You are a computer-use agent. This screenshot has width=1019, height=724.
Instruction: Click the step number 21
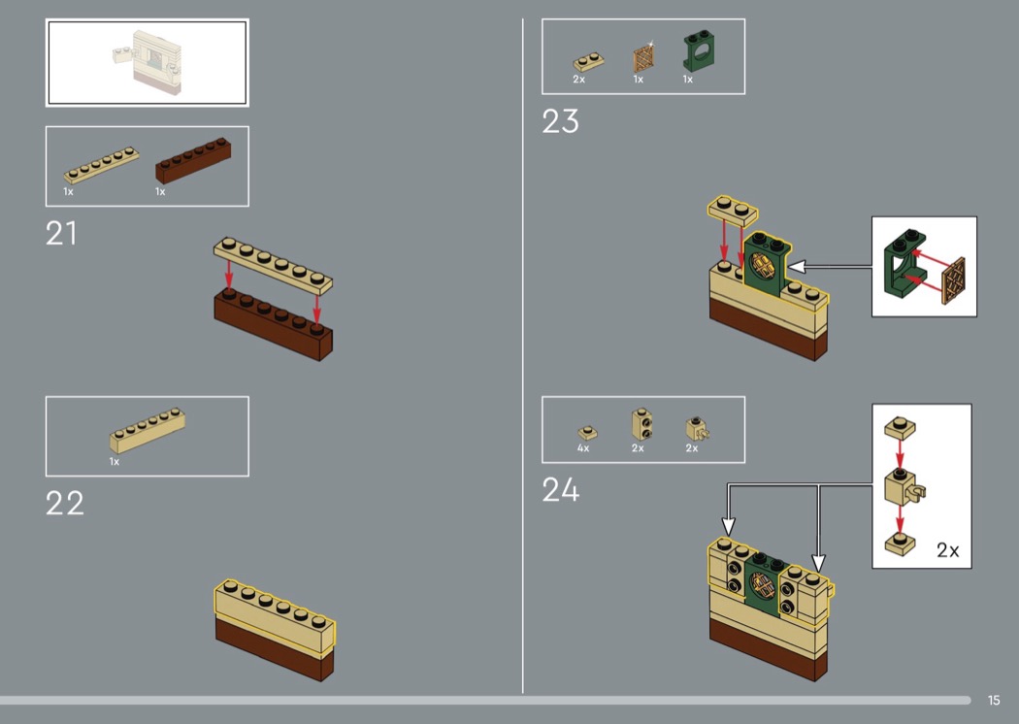pos(61,233)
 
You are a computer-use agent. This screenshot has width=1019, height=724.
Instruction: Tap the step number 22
pos(64,503)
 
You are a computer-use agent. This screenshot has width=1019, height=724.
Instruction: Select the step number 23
pos(560,121)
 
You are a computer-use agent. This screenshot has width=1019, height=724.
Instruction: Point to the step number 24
pos(560,490)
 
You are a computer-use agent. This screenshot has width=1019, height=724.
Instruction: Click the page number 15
pos(994,700)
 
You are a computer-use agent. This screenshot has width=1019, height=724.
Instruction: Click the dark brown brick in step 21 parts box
pos(193,160)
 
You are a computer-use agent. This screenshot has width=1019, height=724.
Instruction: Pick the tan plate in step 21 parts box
pos(101,164)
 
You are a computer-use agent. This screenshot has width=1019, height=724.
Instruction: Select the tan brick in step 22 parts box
pos(148,430)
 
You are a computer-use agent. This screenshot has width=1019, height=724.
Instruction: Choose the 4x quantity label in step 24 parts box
pos(583,448)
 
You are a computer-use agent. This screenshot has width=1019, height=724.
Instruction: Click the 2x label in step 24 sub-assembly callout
pos(947,550)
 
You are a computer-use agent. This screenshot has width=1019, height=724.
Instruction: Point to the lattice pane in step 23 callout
pos(953,281)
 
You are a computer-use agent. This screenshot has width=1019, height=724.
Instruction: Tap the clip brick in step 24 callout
pos(904,486)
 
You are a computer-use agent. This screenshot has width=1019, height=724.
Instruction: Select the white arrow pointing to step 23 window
pos(829,267)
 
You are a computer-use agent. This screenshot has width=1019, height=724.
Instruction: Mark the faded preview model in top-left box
pos(148,62)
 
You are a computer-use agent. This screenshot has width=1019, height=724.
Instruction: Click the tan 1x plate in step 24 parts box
pos(587,432)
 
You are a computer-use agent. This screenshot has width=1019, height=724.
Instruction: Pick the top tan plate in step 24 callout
pos(900,427)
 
